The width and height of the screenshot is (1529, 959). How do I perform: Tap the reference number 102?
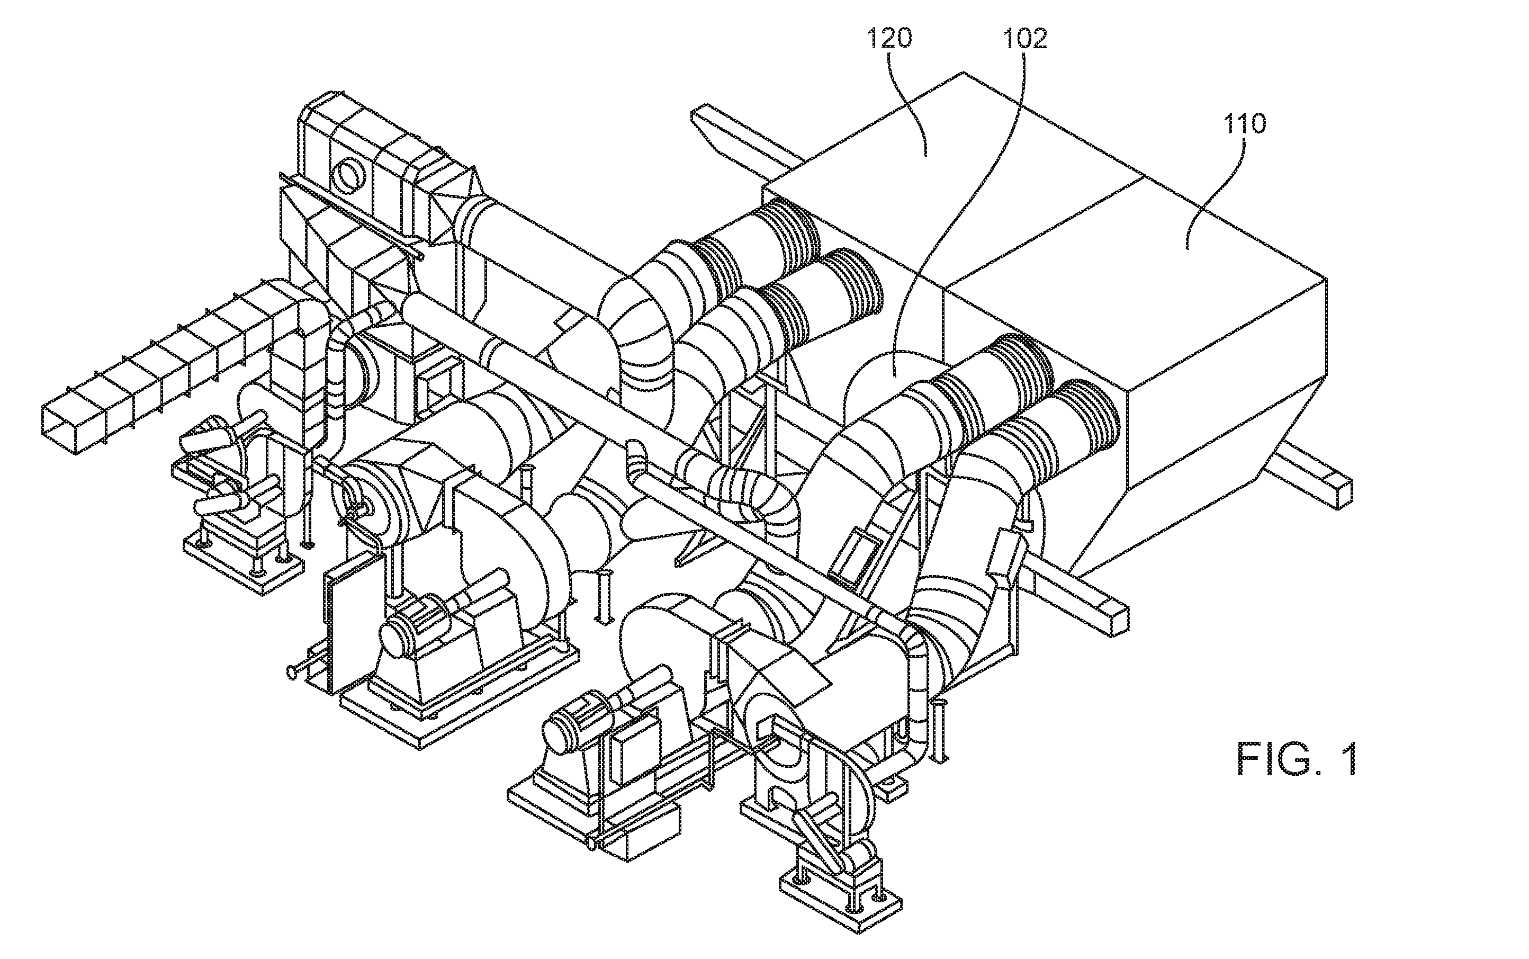(x=1024, y=39)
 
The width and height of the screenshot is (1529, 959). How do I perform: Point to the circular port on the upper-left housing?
(x=347, y=174)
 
